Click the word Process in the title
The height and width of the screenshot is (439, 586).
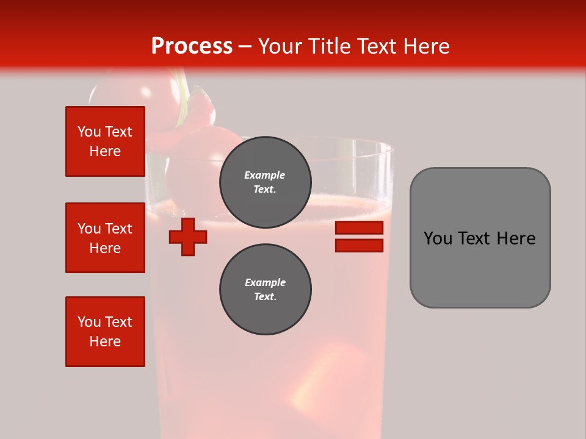[x=192, y=46]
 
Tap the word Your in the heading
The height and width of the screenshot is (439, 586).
[x=280, y=46]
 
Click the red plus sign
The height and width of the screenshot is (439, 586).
[x=188, y=237]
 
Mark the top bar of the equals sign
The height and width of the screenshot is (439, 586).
[x=359, y=227]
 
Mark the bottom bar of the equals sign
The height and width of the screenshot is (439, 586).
[x=359, y=246]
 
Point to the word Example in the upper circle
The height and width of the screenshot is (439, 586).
[x=265, y=175]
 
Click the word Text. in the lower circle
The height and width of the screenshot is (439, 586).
[x=265, y=297]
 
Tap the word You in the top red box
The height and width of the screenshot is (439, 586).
[x=89, y=132]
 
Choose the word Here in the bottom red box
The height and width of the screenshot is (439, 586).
[x=105, y=341]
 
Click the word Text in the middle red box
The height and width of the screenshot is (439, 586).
[x=118, y=229]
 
